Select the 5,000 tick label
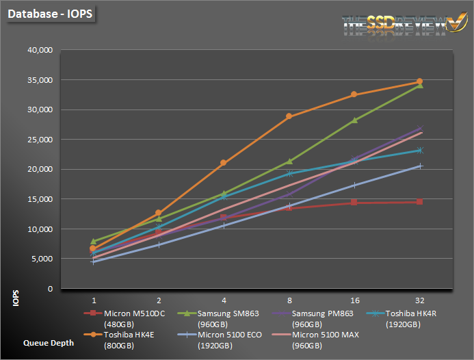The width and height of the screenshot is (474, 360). pos(42,259)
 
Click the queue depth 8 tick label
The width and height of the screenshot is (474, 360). pos(289,300)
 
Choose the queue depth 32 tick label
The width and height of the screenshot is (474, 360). pos(419,300)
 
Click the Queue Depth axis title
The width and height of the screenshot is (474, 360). pos(48,343)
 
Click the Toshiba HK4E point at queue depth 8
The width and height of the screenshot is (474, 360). pos(289,116)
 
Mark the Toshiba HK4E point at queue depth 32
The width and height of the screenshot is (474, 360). pos(420,81)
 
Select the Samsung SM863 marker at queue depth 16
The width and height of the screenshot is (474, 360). pos(354,120)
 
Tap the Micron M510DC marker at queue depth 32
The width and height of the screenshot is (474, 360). pos(420,202)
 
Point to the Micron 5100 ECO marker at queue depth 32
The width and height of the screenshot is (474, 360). pos(420,166)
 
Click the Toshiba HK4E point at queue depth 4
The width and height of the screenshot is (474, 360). pos(224,163)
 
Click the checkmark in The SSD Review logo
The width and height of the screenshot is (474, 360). pos(453,23)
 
